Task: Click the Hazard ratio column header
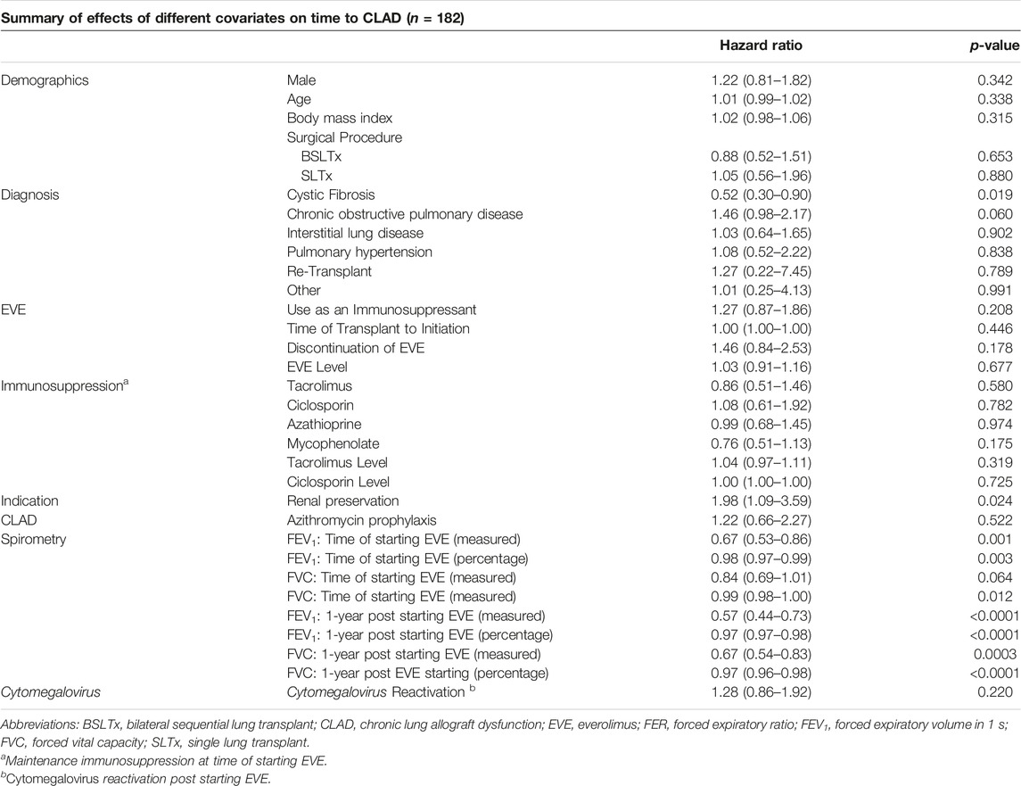tap(761, 46)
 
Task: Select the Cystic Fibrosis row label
tap(331, 194)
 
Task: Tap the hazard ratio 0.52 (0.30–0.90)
tap(762, 194)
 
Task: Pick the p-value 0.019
tap(995, 194)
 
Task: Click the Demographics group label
tap(45, 81)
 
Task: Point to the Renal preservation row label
tap(342, 501)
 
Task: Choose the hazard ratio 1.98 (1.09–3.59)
tap(762, 501)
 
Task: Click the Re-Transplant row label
tap(329, 271)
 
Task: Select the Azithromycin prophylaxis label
tap(361, 521)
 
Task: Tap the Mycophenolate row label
tap(333, 443)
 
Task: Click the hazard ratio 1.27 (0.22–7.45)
tap(762, 271)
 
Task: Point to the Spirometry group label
tap(33, 540)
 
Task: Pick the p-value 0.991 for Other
tap(995, 291)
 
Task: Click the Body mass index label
tap(339, 119)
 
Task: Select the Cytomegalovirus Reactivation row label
tap(381, 692)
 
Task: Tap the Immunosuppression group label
tap(64, 385)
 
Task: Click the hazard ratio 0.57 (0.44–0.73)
tap(762, 616)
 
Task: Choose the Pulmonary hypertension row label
tap(359, 252)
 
